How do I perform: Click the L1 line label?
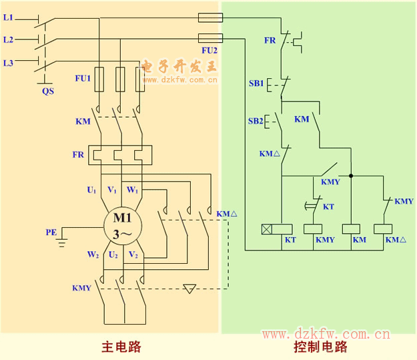(x=8, y=17)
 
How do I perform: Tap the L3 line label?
(x=8, y=63)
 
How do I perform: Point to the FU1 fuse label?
(x=83, y=78)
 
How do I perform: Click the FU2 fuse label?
(x=210, y=50)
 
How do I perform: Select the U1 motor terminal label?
(x=91, y=190)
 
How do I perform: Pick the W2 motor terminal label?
(x=91, y=254)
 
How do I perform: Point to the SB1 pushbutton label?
(x=256, y=83)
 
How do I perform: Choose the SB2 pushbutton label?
(x=256, y=121)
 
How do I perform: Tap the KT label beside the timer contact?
(x=328, y=207)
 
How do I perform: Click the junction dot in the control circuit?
(x=350, y=176)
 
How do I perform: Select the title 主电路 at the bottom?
(x=121, y=347)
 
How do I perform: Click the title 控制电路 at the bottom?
(x=320, y=347)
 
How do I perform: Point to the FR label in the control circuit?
(x=270, y=41)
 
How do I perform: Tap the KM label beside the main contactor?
(x=83, y=122)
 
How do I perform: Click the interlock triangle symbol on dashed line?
(x=190, y=289)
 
